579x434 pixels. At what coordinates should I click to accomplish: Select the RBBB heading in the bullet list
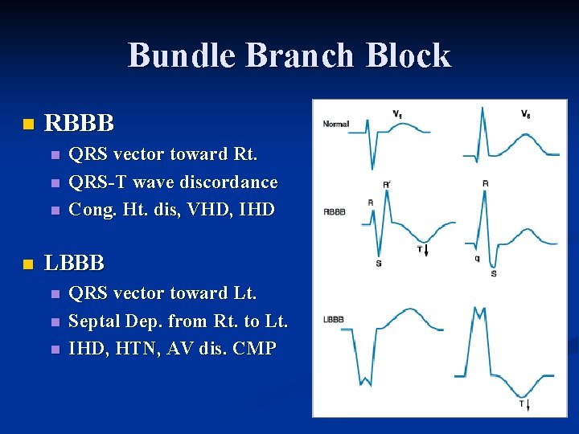[79, 124]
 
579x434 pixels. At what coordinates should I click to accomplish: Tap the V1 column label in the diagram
[397, 113]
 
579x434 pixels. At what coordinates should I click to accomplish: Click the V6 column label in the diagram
[525, 114]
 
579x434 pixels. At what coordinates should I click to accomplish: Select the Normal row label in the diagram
[336, 124]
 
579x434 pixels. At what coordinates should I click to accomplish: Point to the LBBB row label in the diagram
[333, 319]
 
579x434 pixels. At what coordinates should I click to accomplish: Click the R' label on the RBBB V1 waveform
[387, 184]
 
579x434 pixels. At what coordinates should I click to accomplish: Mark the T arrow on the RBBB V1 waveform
[422, 251]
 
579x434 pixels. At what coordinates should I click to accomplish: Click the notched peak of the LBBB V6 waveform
[479, 310]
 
